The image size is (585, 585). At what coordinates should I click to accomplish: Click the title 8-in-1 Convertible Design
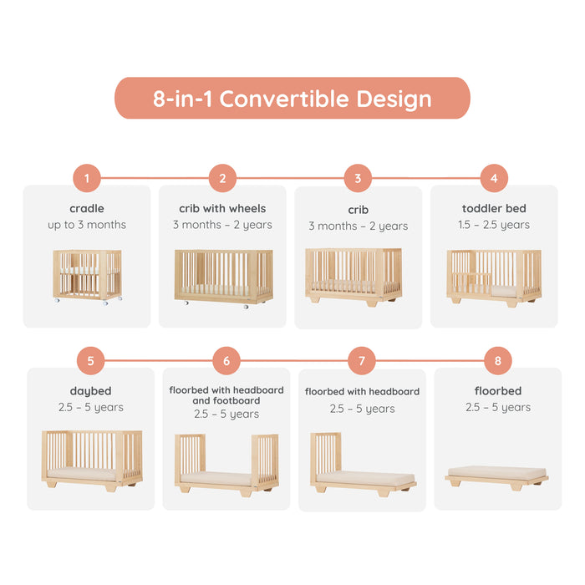[292, 99]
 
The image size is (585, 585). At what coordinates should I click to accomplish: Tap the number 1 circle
[87, 178]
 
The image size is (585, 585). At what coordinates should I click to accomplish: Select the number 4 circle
[494, 178]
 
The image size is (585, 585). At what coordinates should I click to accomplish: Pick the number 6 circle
[226, 361]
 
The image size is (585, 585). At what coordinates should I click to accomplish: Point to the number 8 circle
[498, 361]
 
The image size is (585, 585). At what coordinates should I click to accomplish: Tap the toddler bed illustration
[494, 276]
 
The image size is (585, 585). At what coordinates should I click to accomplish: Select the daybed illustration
[92, 459]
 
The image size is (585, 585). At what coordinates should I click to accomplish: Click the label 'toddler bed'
[494, 209]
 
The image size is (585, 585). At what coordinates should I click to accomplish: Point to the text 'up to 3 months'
[87, 225]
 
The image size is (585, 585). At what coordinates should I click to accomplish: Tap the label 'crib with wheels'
[222, 209]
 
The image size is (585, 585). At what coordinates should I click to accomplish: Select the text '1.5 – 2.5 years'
[494, 225]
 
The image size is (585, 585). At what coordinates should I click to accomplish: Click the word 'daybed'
[90, 391]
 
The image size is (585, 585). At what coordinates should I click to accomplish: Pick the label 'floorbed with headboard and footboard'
[226, 395]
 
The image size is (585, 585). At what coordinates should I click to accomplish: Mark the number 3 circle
[358, 178]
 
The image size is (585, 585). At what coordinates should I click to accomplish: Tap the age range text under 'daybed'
[90, 408]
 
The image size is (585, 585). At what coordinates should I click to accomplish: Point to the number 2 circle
[222, 178]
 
